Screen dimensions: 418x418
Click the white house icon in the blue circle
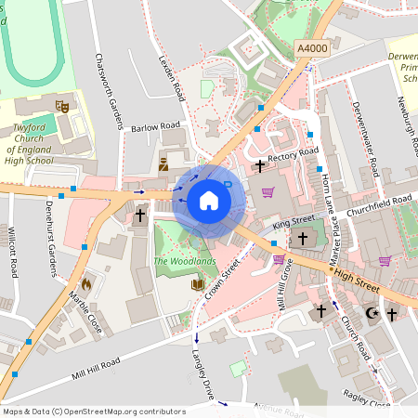pos(208,201)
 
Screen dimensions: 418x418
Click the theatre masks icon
pos(62,106)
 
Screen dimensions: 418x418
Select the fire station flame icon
pos(86,282)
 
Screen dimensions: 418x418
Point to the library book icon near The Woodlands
pos(197,284)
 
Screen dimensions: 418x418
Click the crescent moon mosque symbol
pos(372,314)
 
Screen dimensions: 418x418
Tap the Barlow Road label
pos(155,126)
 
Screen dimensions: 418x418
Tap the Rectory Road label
pos(293,154)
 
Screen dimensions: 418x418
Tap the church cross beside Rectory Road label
pos(260,165)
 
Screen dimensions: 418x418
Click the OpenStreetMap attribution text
pos(93,411)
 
